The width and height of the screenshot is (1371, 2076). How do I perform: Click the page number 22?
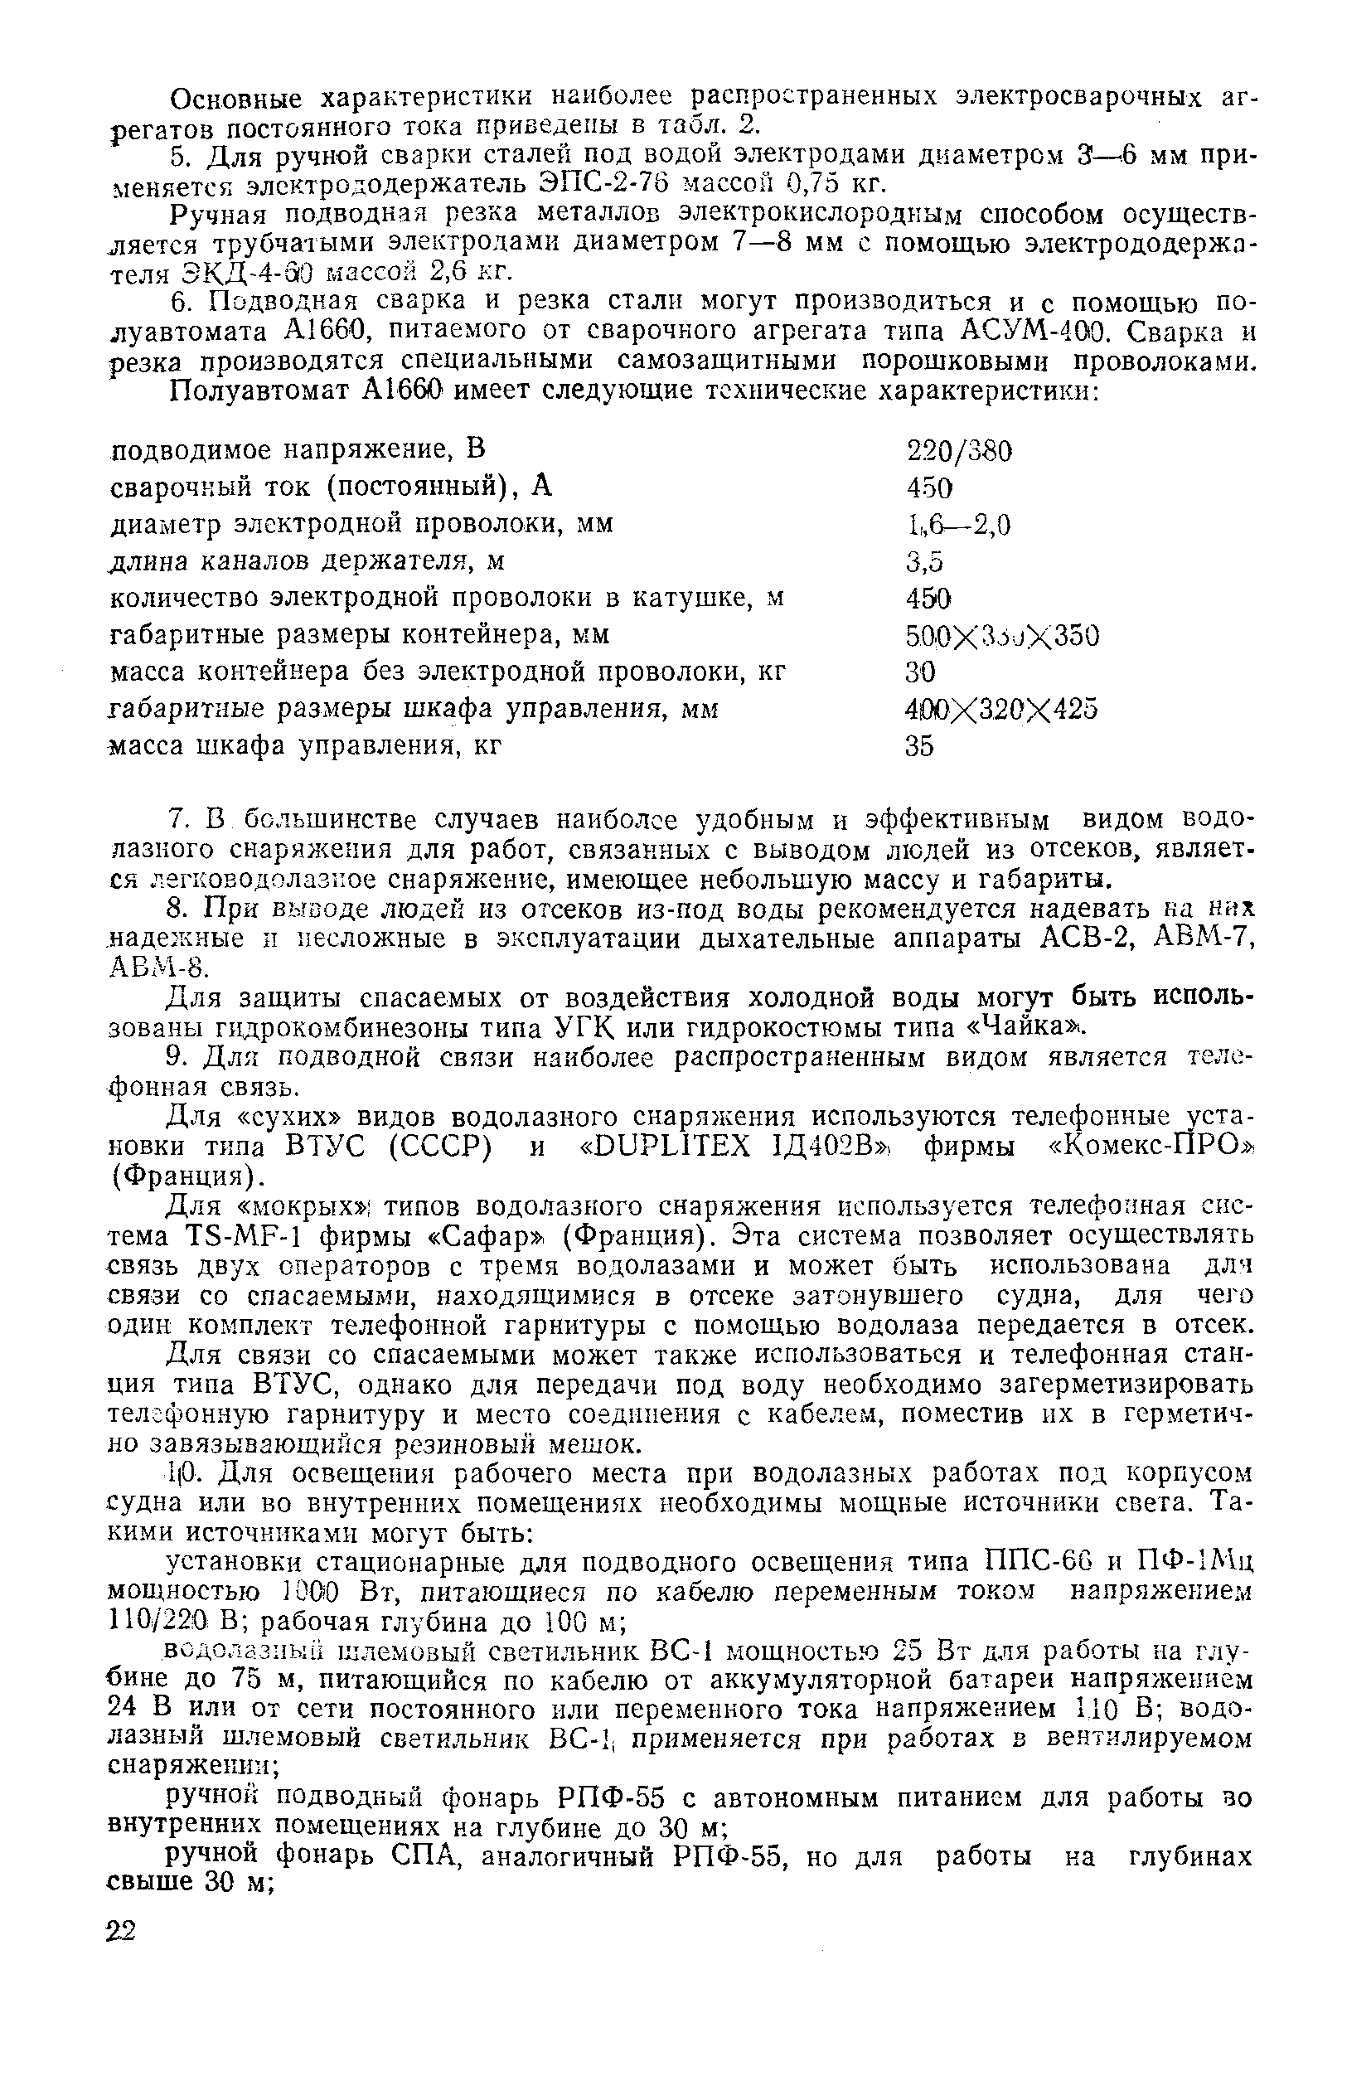[122, 1931]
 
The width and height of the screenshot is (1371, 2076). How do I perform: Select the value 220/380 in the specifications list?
[959, 452]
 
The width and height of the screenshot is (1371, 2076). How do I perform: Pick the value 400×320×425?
[1001, 709]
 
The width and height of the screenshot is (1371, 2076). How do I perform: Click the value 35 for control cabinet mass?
[920, 746]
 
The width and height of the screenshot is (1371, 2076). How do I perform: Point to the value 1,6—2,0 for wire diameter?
[958, 525]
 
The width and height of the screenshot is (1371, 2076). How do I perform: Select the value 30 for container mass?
[920, 672]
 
